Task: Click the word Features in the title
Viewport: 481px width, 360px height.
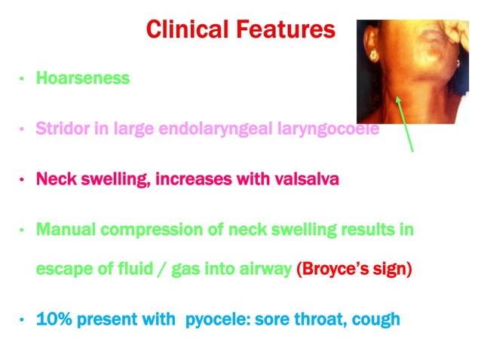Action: coord(287,29)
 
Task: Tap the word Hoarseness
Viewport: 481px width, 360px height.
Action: coord(83,78)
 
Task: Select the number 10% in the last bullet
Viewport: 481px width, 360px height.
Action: coord(54,319)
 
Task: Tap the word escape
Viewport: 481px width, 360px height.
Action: coord(62,270)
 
